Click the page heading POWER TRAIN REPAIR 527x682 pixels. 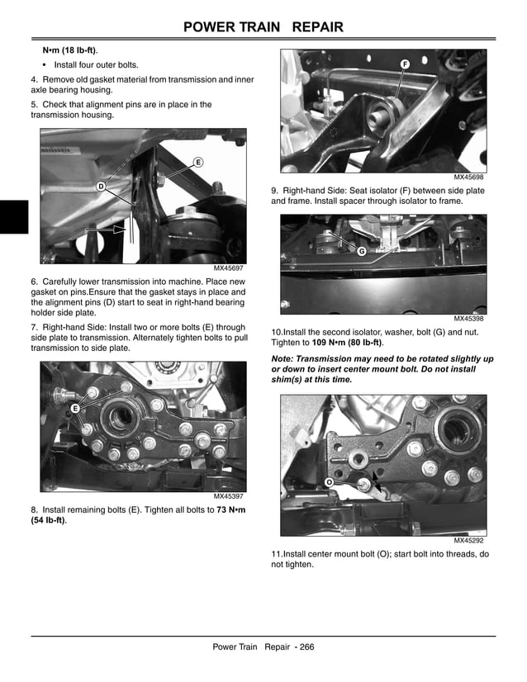(263, 28)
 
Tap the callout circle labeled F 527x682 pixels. (405, 64)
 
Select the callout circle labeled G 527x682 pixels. (361, 250)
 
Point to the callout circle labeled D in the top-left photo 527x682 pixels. (101, 187)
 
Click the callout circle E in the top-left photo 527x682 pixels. (198, 163)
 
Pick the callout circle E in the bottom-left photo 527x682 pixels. (74, 409)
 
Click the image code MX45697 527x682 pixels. (230, 268)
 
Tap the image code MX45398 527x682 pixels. (468, 318)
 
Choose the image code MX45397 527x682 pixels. (230, 496)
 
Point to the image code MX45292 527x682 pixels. (468, 541)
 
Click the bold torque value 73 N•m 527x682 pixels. (233, 509)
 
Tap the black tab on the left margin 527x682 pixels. (14, 217)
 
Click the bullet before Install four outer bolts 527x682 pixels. (45, 64)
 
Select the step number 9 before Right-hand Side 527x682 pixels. (274, 191)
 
